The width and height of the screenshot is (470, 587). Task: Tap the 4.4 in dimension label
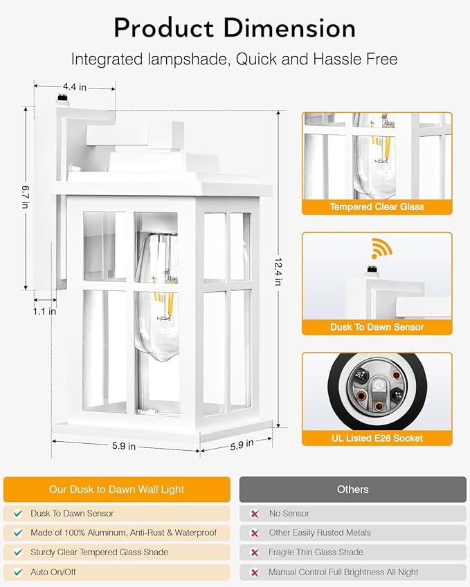[x=74, y=86]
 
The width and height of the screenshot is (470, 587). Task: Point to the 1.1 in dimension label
[x=44, y=311]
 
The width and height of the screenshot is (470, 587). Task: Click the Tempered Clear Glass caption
[x=377, y=207]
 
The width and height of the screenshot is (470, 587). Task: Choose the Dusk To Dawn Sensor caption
[x=377, y=327]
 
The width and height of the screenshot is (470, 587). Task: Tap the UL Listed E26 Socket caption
[x=377, y=438]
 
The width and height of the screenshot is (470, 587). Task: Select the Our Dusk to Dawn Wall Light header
[x=116, y=489]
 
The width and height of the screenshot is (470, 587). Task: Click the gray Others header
[x=352, y=489]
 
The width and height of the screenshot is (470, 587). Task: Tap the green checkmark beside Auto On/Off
[x=17, y=572]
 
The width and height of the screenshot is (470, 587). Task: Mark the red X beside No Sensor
[x=254, y=514]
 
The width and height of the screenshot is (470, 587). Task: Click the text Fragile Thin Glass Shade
[x=316, y=552]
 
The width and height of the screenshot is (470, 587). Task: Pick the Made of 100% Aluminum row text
[x=123, y=533]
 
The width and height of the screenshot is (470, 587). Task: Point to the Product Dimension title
[x=235, y=28]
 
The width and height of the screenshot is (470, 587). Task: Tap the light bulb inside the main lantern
[x=157, y=297]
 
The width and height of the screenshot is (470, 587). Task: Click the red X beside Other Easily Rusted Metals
[x=254, y=533]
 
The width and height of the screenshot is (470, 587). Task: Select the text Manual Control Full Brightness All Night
[x=343, y=572]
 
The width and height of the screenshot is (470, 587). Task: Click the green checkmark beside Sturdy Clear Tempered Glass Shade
[x=17, y=552]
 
